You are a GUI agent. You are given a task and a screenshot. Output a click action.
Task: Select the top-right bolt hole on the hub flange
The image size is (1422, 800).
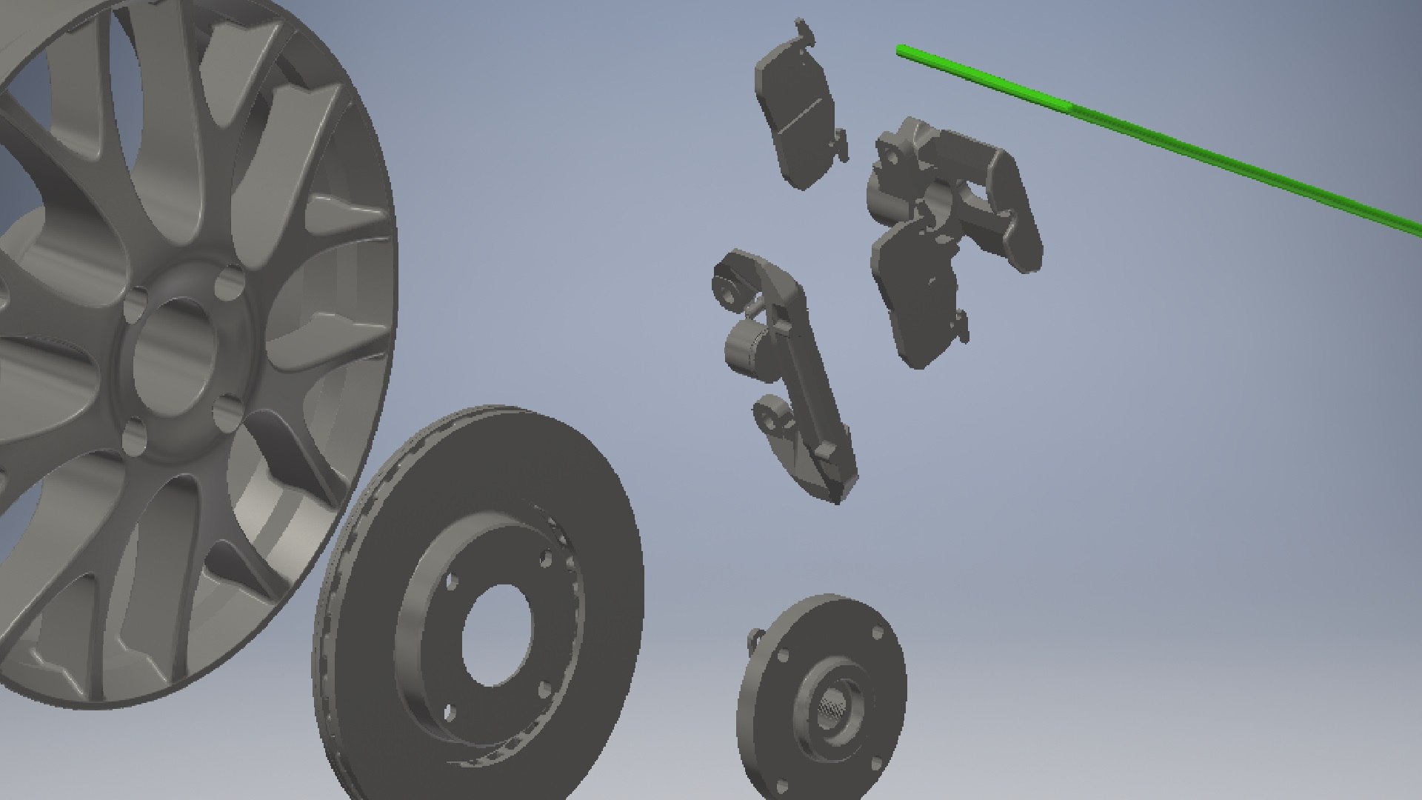878,634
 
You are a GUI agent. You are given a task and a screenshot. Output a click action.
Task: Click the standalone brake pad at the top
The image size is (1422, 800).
796,111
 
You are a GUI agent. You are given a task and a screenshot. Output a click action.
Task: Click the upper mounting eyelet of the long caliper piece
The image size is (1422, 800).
728,284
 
